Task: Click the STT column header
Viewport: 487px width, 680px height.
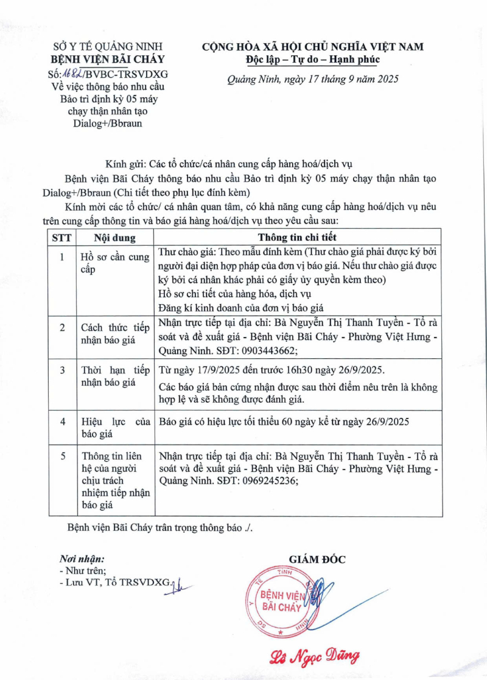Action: click(x=61, y=237)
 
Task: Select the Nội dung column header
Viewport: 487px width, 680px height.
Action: click(x=114, y=237)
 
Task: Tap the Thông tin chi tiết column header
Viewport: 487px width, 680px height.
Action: click(x=297, y=237)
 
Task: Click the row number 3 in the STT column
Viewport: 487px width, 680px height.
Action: click(x=61, y=370)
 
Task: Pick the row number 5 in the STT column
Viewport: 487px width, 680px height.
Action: click(x=61, y=456)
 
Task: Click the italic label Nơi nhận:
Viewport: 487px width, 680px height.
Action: click(x=82, y=558)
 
